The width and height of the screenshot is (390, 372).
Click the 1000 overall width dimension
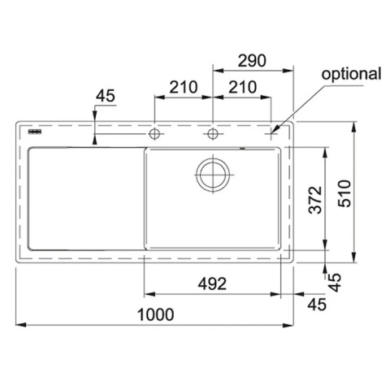(x=155, y=314)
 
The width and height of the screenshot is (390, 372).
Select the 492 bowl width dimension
(x=212, y=284)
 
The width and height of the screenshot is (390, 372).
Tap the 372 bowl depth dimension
(x=315, y=200)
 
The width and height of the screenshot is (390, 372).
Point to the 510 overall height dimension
(x=344, y=193)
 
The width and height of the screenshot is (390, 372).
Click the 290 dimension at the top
(x=252, y=61)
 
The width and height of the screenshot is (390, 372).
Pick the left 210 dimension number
(x=184, y=87)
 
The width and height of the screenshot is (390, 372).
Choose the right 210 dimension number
(x=242, y=87)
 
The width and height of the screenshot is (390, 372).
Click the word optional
(x=351, y=74)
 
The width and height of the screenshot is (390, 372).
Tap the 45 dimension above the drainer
(x=106, y=96)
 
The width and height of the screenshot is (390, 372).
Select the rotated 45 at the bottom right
(x=336, y=283)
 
